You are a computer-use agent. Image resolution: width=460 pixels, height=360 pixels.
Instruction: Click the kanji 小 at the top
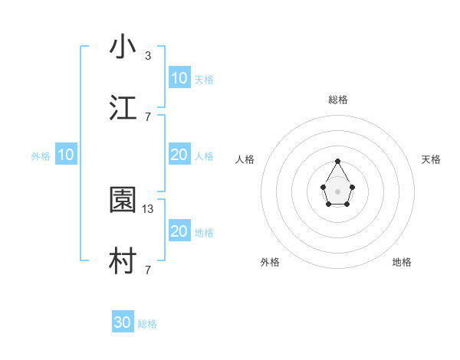[x=123, y=47]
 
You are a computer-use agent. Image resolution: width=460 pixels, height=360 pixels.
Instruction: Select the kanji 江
[x=123, y=109]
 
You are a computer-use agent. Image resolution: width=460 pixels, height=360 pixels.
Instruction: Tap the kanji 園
[x=123, y=201]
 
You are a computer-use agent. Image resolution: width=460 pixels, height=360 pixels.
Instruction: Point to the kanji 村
[x=123, y=262]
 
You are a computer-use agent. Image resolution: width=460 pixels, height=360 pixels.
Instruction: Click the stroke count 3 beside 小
[x=148, y=55]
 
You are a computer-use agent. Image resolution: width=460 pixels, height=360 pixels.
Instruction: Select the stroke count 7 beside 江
[x=148, y=116]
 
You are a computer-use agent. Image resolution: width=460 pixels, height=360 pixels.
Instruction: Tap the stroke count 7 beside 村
[x=148, y=270]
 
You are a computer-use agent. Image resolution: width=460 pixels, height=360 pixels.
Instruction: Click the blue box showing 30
[x=123, y=323]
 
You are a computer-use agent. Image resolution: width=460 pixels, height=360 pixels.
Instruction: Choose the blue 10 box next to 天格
[x=179, y=78]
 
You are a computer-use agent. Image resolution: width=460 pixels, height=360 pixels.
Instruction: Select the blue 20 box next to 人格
[x=179, y=155]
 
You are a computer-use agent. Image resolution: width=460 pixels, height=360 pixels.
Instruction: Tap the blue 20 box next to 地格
[x=179, y=231]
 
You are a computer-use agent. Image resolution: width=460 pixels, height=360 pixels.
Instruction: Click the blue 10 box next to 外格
[x=66, y=155]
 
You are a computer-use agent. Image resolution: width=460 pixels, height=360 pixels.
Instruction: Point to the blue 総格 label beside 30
[x=147, y=324]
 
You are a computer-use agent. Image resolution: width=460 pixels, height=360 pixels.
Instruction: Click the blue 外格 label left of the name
[x=41, y=155]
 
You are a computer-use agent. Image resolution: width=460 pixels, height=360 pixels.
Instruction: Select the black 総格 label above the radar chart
[x=337, y=100]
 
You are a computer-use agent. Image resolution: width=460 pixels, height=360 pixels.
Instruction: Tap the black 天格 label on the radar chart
[x=431, y=159]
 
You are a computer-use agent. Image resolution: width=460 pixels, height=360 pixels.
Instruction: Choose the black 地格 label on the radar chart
[x=402, y=262]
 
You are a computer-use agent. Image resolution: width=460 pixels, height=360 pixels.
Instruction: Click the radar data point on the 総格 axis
[x=337, y=161]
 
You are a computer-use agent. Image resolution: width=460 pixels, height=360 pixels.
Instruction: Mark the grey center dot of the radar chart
[x=337, y=191]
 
